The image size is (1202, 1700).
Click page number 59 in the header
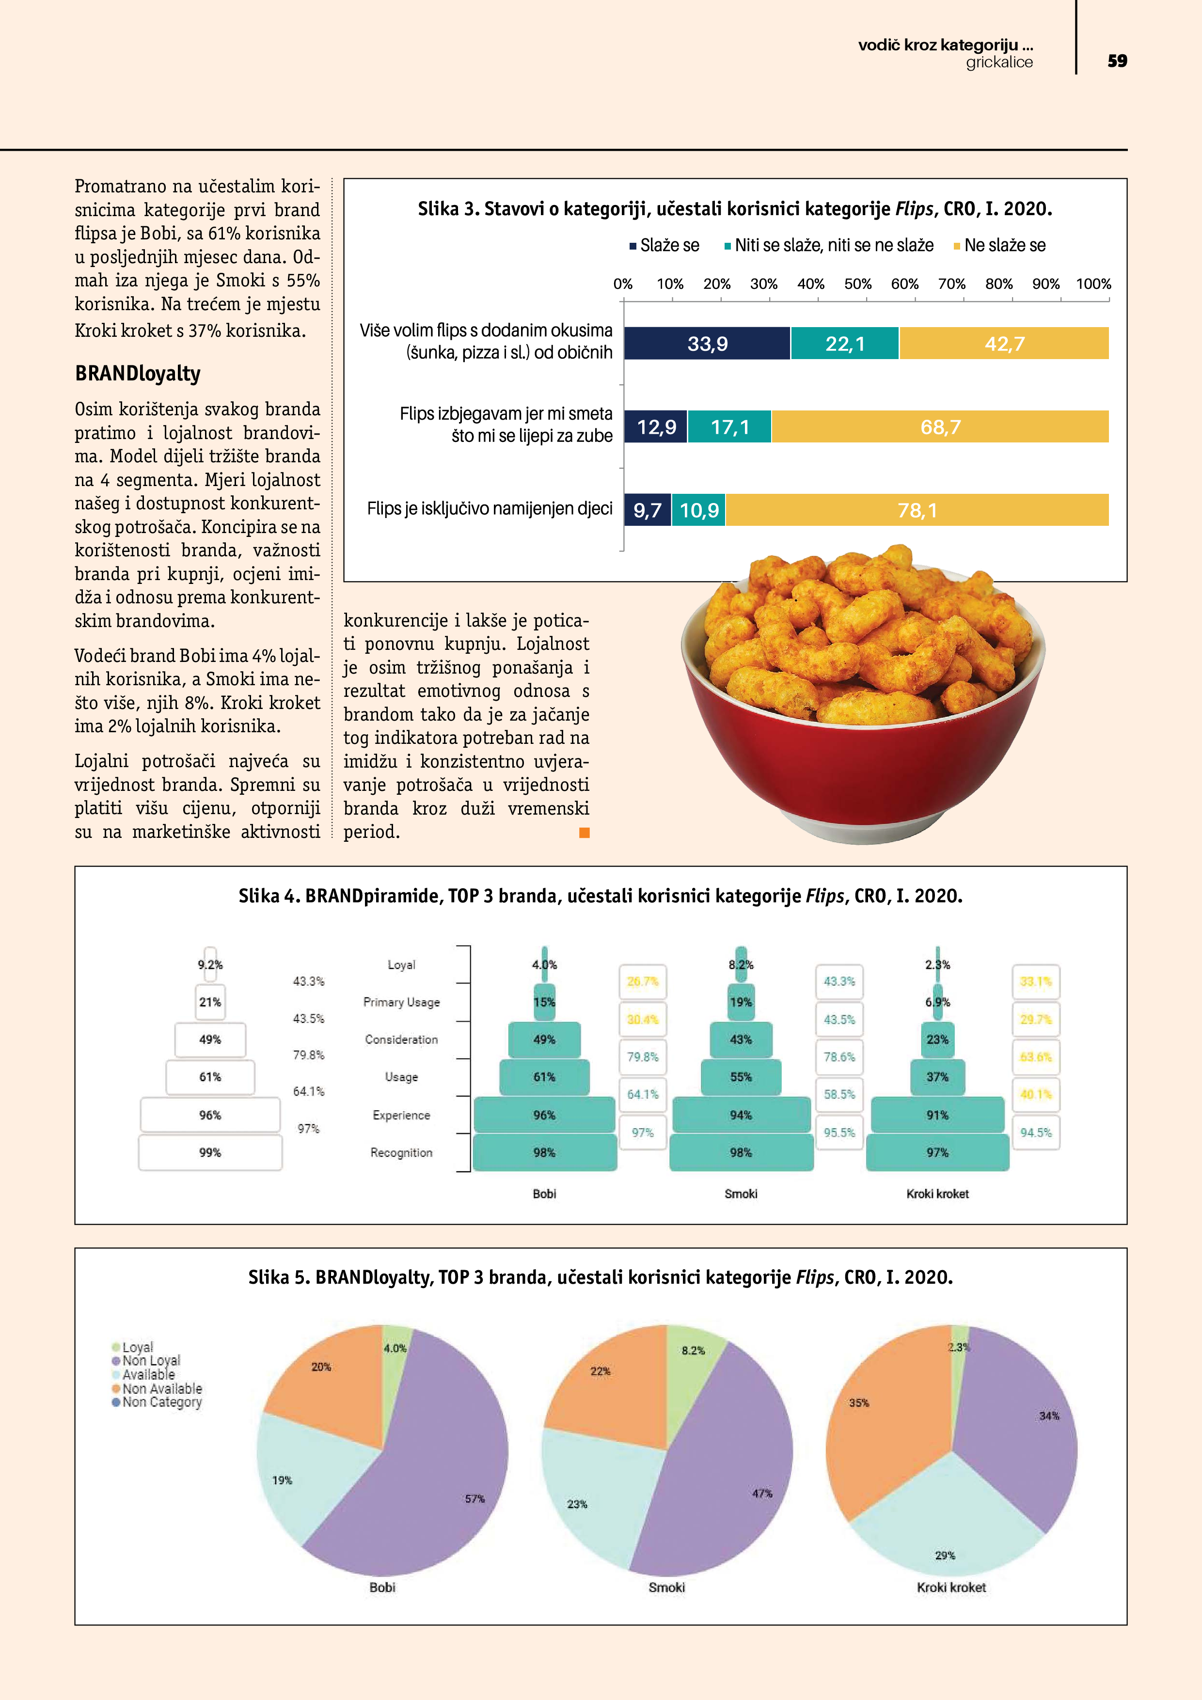(x=1117, y=61)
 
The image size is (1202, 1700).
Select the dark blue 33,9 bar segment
(x=707, y=344)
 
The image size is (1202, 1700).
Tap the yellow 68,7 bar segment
(x=940, y=427)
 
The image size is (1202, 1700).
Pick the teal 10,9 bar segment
(x=699, y=510)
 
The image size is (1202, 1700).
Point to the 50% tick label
(x=857, y=284)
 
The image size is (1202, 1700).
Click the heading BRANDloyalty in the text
(x=138, y=373)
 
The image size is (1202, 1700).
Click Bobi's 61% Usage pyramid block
(x=544, y=1077)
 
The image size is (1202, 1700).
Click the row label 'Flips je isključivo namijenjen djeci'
(x=490, y=509)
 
